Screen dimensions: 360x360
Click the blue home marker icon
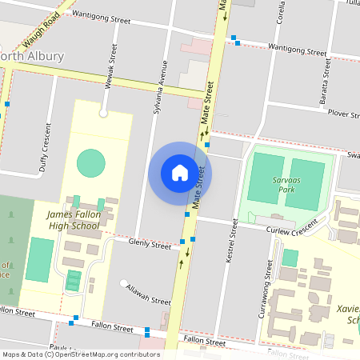pos(180,173)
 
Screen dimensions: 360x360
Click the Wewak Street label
pos(114,74)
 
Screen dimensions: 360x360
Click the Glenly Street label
pos(150,245)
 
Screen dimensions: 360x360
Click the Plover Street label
pos(343,114)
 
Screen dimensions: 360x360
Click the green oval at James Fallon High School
pos(90,163)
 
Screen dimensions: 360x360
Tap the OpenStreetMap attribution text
pos(81,354)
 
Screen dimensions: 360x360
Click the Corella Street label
pos(302,20)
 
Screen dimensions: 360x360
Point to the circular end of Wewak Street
pos(103,114)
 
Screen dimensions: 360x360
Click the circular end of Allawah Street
pos(123,283)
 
